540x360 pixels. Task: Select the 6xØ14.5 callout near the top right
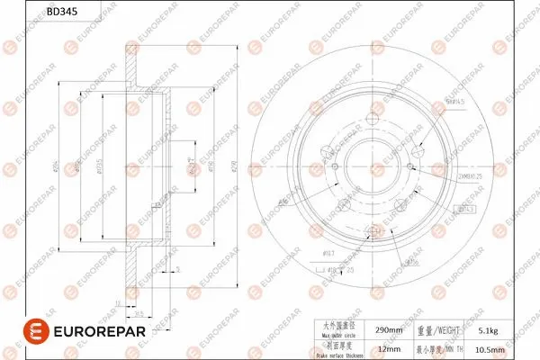pyautogui.click(x=456, y=103)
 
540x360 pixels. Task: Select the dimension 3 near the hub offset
pyautogui.click(x=178, y=269)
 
